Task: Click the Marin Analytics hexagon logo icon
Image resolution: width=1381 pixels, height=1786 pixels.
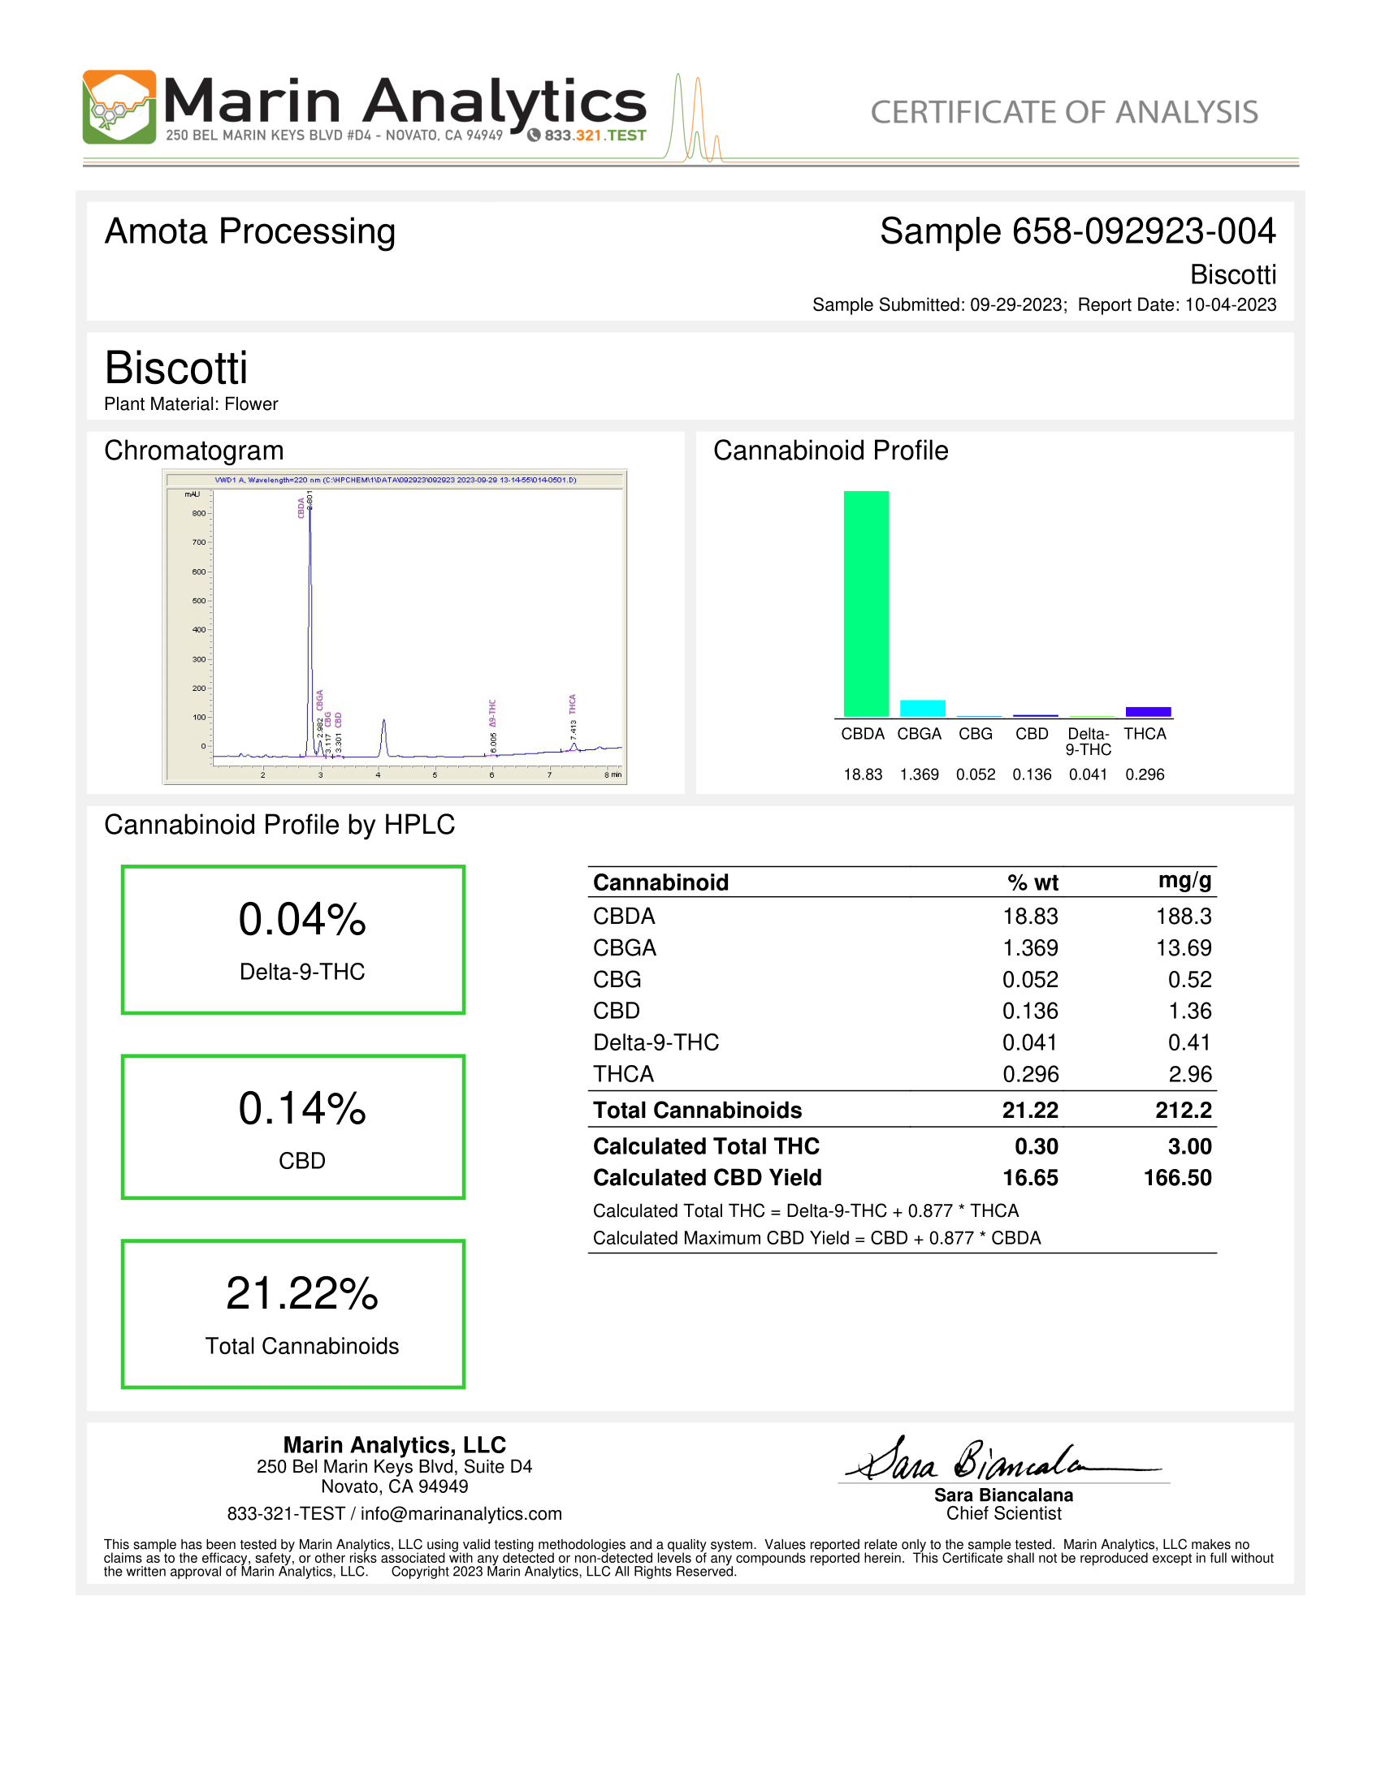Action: point(119,107)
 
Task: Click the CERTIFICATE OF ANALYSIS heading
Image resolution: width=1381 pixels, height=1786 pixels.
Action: point(1063,112)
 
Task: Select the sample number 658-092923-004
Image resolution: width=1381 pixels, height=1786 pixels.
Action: point(1144,231)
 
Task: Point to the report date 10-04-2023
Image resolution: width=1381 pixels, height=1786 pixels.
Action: point(1231,305)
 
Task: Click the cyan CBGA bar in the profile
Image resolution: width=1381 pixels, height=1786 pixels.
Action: point(922,708)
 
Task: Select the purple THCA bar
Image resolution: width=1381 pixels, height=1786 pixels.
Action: point(1148,711)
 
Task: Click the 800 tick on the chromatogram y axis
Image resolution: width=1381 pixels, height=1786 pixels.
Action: point(199,514)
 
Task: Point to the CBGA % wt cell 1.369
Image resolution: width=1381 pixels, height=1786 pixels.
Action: point(1030,947)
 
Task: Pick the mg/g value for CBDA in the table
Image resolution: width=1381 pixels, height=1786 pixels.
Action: point(1183,917)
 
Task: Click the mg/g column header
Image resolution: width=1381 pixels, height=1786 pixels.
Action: point(1184,881)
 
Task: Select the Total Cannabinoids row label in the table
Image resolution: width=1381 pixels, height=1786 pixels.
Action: point(697,1110)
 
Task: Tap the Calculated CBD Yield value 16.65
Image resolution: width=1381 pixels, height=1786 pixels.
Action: point(1030,1178)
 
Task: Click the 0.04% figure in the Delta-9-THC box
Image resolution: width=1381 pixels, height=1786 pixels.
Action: point(302,919)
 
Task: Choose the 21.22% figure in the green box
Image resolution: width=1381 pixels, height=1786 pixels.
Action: point(302,1294)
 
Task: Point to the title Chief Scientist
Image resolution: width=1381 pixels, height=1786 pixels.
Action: point(1004,1514)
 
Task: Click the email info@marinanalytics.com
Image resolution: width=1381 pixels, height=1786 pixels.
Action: point(461,1514)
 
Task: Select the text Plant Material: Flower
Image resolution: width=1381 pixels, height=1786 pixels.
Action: point(191,404)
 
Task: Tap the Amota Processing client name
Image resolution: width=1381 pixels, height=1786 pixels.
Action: point(249,231)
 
